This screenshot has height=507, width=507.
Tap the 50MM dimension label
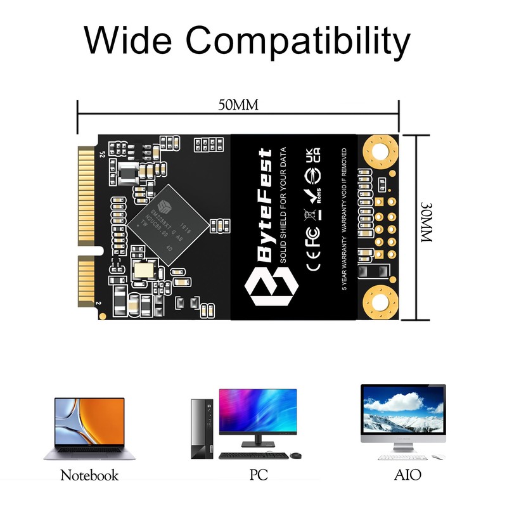pos(238,105)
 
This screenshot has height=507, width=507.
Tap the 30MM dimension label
pos(425,228)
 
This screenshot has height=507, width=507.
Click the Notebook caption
pos(89,475)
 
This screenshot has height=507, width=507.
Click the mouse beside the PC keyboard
pos(295,455)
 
